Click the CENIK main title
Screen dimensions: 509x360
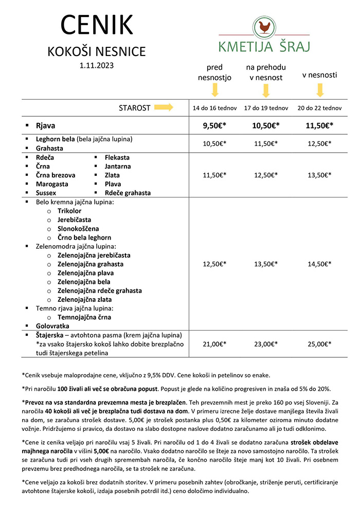pyautogui.click(x=97, y=25)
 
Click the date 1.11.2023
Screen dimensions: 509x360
pyautogui.click(x=97, y=65)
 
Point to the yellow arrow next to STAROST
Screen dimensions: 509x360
pyautogui.click(x=164, y=107)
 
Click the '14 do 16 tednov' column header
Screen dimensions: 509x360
pyautogui.click(x=215, y=108)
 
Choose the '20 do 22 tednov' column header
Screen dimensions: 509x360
pyautogui.click(x=319, y=108)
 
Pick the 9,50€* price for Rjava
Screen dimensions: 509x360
pyautogui.click(x=215, y=125)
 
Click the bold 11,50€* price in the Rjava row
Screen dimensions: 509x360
pyautogui.click(x=319, y=125)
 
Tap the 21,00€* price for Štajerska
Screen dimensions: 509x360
pyautogui.click(x=215, y=344)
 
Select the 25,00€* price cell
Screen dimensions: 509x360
pyautogui.click(x=319, y=344)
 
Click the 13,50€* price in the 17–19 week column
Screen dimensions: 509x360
pyautogui.click(x=266, y=264)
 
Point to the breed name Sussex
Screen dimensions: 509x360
pyautogui.click(x=46, y=193)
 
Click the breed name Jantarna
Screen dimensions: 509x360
pyautogui.click(x=117, y=167)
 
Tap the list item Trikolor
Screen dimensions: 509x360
pyautogui.click(x=69, y=211)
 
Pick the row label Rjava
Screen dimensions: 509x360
pyautogui.click(x=45, y=125)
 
